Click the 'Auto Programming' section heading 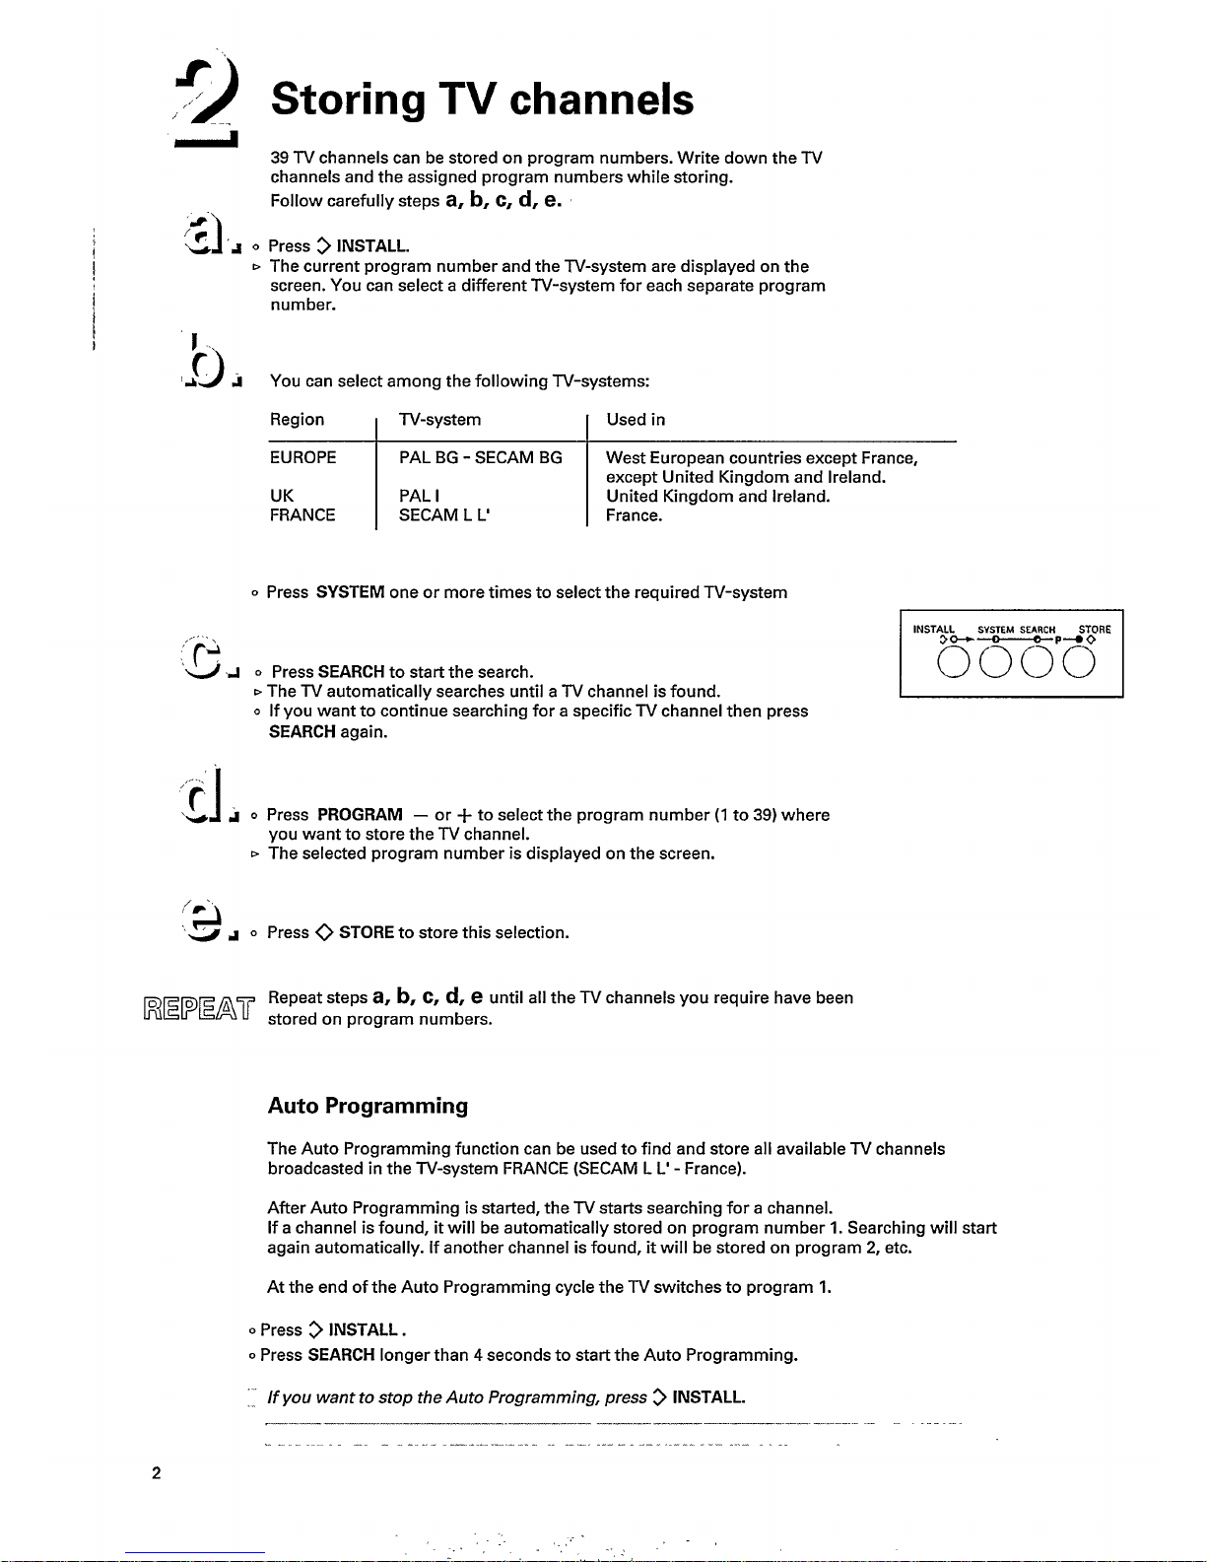pyautogui.click(x=368, y=1106)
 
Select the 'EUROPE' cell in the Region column pyautogui.click(x=302, y=457)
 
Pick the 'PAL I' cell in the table pyautogui.click(x=419, y=496)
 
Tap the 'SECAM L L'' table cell pyautogui.click(x=444, y=515)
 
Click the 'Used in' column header pyautogui.click(x=636, y=420)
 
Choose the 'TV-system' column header pyautogui.click(x=439, y=420)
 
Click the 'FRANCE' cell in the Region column pyautogui.click(x=302, y=515)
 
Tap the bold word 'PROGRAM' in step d pyautogui.click(x=360, y=815)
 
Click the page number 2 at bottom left pyautogui.click(x=156, y=1473)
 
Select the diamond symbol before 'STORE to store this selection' pyautogui.click(x=324, y=932)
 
